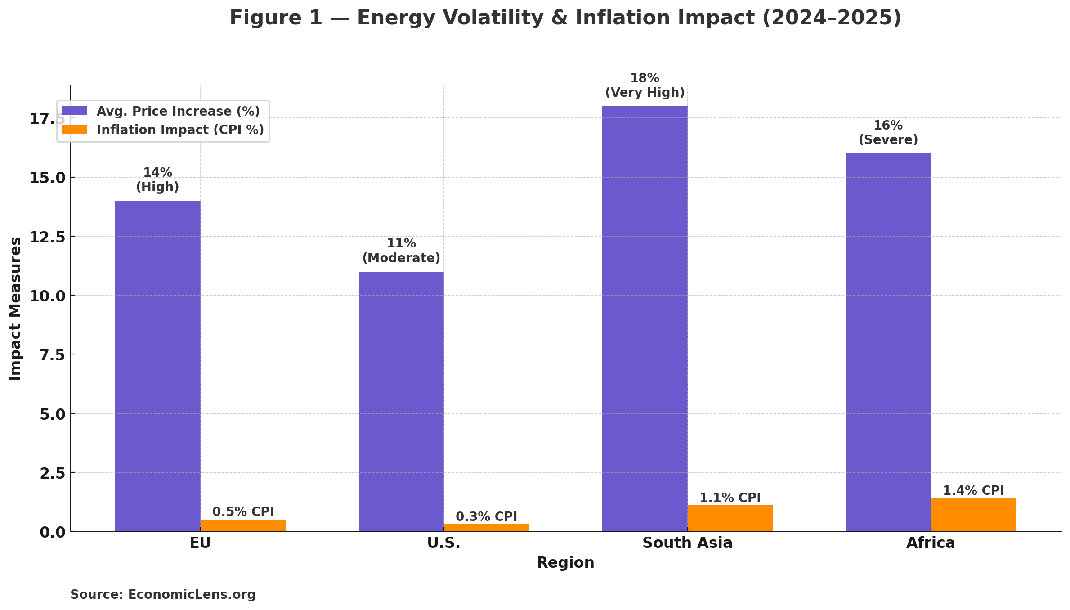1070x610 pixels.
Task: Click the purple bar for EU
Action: [x=157, y=365]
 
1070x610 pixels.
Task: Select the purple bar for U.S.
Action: [x=401, y=401]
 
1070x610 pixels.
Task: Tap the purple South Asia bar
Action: [x=645, y=318]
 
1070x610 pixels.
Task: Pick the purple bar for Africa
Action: [x=888, y=342]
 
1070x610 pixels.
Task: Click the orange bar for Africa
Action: [x=973, y=515]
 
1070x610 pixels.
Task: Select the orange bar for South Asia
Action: [x=730, y=518]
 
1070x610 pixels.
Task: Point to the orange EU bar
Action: [x=243, y=525]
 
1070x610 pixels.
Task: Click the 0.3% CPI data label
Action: [x=486, y=516]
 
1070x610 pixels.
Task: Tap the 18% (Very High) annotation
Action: [x=645, y=85]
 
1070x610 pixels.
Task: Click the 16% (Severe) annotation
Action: [x=888, y=133]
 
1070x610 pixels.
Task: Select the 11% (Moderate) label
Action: [x=401, y=251]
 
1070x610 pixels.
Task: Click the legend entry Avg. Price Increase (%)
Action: [x=178, y=111]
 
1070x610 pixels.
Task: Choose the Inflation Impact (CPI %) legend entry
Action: [x=180, y=130]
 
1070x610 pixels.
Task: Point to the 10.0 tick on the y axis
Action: [x=47, y=296]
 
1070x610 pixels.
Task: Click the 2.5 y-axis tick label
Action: [x=52, y=473]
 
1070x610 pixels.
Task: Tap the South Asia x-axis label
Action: [x=687, y=543]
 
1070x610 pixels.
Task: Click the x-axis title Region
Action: [x=565, y=563]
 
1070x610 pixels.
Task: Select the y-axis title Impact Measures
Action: [x=15, y=309]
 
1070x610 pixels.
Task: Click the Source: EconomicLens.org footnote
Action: [x=163, y=595]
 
